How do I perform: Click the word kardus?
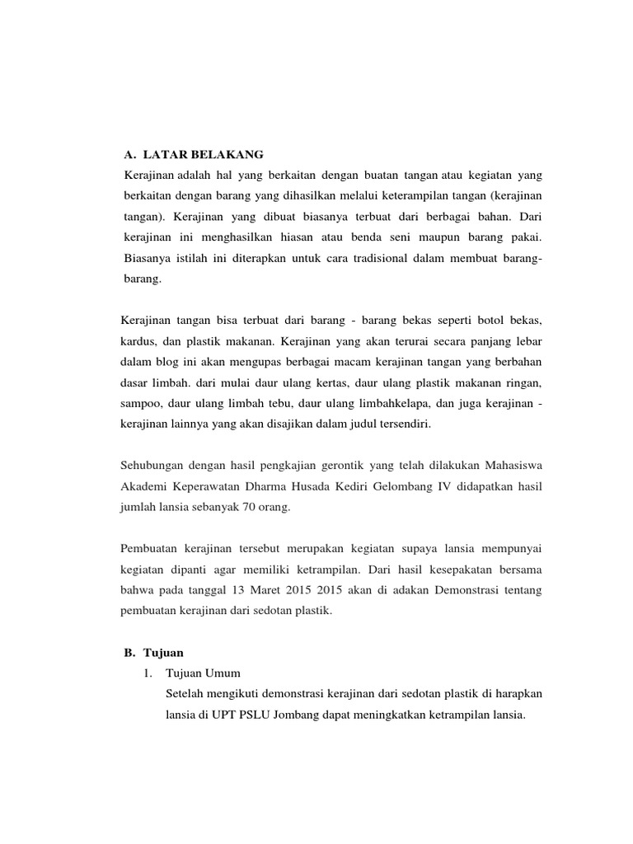(138, 340)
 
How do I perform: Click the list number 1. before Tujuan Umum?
(148, 673)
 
